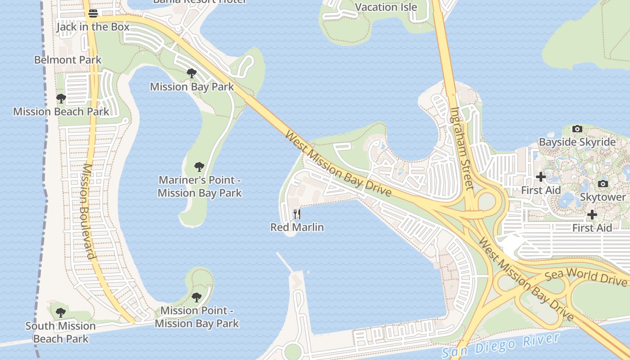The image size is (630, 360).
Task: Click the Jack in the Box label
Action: point(93,27)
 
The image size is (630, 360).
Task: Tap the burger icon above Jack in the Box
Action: point(93,13)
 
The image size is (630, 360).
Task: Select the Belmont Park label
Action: point(68,60)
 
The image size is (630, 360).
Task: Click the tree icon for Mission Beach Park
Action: point(61,99)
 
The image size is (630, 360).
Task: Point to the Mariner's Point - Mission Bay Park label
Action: point(200,187)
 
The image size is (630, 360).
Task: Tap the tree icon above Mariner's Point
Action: point(199,167)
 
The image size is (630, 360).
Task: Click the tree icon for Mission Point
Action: point(196,297)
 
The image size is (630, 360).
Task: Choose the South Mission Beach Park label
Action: point(61,332)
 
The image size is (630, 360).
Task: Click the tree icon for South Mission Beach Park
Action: point(61,312)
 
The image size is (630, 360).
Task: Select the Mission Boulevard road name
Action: point(89,211)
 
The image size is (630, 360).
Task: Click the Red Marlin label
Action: point(297,227)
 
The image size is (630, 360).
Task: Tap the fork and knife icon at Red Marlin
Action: point(297,214)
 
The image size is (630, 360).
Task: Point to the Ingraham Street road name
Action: point(462,148)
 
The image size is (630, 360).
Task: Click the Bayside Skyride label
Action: point(577,142)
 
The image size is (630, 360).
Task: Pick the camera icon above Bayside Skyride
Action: point(577,129)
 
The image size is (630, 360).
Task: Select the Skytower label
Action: point(603,197)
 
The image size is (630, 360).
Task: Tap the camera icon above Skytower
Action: point(603,184)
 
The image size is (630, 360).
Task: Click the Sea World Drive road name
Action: point(585,276)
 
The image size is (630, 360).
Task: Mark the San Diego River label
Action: point(500,346)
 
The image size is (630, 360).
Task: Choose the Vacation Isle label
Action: point(386,7)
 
